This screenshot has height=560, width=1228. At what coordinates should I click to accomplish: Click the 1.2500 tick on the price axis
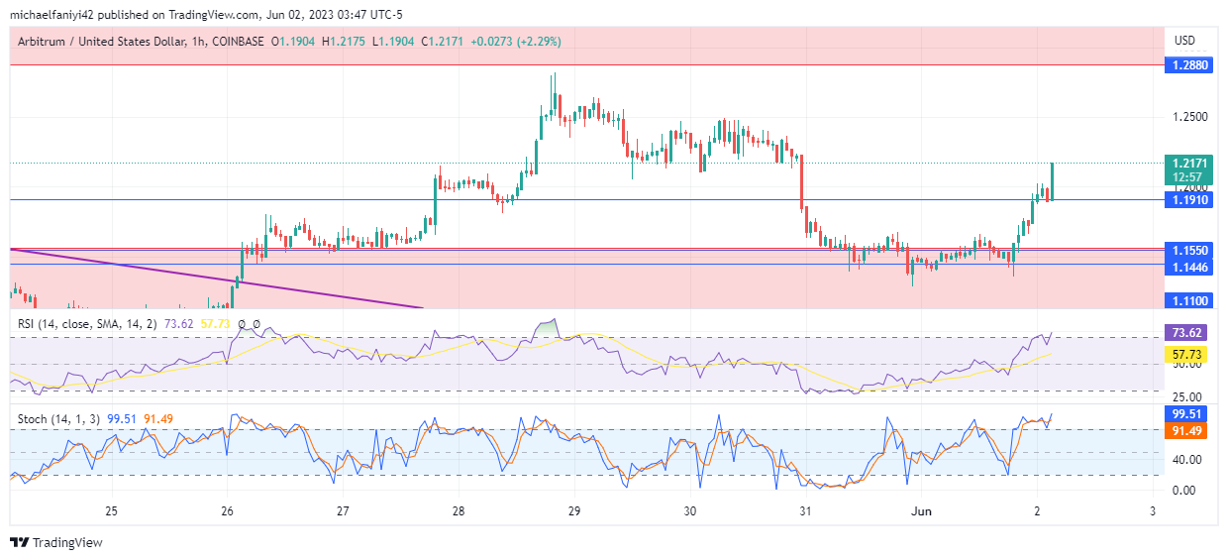pos(1190,117)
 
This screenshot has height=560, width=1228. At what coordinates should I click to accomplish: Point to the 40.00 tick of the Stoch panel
pos(1187,460)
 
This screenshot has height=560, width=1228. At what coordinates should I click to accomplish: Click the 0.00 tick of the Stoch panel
pos(1184,491)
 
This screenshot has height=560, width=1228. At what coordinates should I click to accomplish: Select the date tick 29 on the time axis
pos(574,511)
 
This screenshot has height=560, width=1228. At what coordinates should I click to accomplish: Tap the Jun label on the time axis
pos(922,511)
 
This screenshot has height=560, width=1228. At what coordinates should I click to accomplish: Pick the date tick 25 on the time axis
pos(112,511)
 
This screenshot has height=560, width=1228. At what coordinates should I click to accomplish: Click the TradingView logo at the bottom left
pos(55,542)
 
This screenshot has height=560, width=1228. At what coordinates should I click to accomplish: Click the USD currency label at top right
pos(1184,41)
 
